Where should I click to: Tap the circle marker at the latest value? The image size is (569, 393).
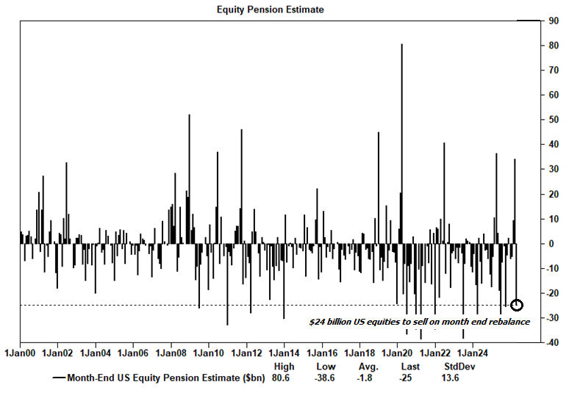[516, 305]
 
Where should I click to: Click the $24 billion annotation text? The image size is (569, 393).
[418, 321]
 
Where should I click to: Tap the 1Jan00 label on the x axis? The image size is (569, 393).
[21, 353]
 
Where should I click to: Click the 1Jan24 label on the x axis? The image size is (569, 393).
[473, 353]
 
